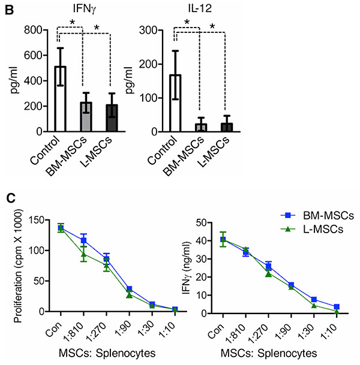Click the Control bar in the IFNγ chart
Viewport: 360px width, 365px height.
tap(60, 99)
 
